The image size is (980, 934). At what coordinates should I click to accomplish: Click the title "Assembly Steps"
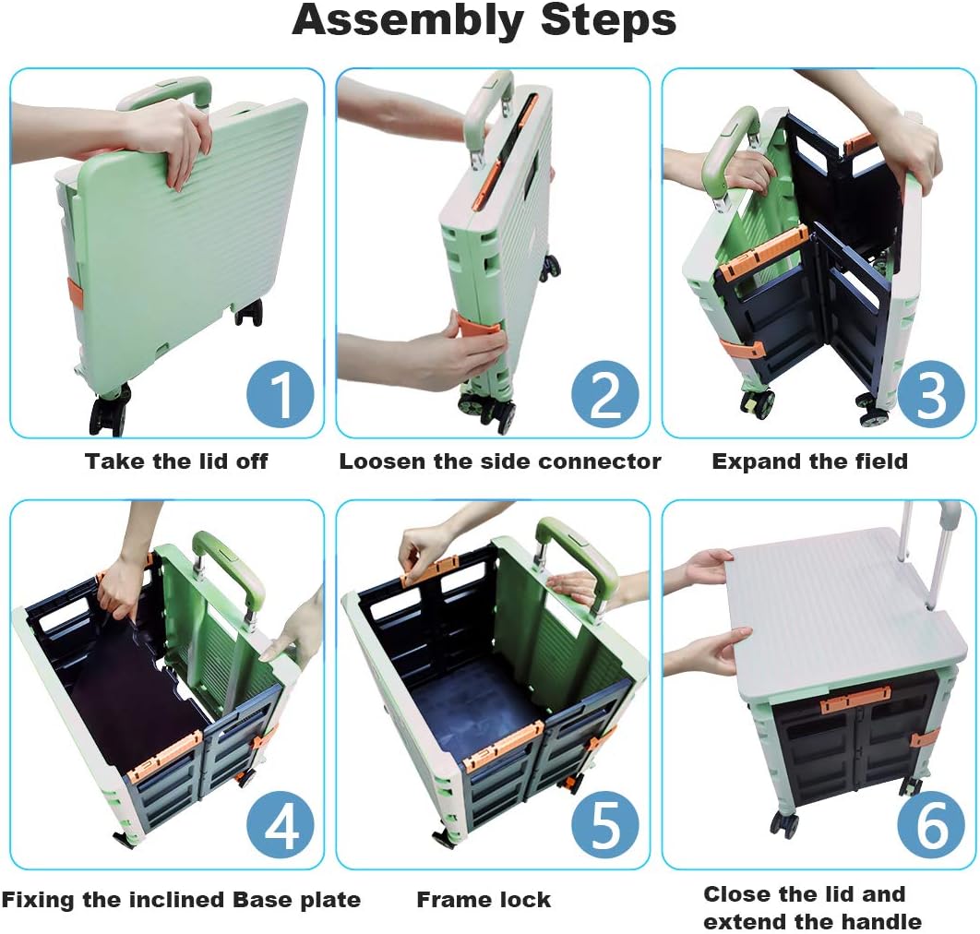point(484,20)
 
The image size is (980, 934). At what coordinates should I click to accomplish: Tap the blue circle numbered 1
point(280,395)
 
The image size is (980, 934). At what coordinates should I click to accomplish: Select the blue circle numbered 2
point(605,395)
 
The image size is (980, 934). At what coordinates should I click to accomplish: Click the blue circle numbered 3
point(930,395)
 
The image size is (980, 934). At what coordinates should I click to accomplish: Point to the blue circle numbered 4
point(280,826)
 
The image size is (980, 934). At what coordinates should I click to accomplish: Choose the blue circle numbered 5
point(605,826)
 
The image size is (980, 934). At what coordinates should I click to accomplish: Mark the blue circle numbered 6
point(930,826)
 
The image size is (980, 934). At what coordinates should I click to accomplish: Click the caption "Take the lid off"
point(176,461)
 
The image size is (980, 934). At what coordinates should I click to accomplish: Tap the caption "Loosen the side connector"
point(500,461)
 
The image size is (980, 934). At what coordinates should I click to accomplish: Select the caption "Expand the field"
point(809,461)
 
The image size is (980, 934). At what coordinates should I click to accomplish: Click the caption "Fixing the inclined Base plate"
point(181,900)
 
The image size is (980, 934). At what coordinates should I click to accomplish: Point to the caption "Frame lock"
point(484,900)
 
